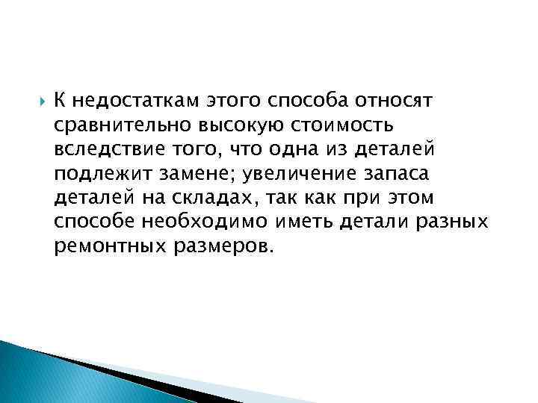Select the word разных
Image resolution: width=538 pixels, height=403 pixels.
452,222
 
